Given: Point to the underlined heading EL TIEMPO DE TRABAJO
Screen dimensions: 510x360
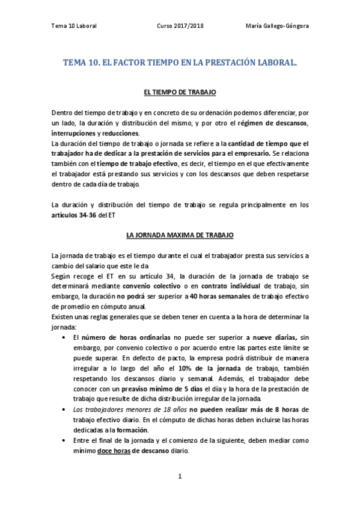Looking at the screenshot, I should click(180, 92).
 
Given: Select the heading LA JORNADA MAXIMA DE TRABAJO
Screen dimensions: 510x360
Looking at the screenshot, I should click(180, 236).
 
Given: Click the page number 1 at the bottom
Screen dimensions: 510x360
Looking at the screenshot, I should click(180, 476).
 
